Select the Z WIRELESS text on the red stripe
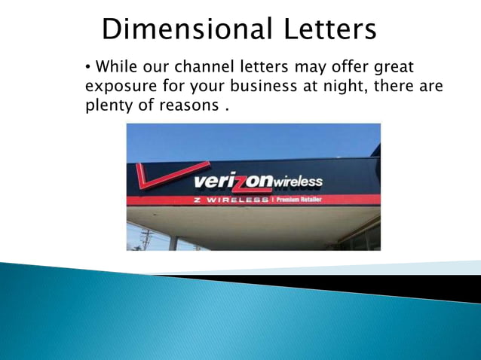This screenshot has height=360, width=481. click(x=231, y=200)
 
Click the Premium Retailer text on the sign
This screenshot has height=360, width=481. click(x=300, y=200)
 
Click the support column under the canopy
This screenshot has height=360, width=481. click(x=173, y=242)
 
